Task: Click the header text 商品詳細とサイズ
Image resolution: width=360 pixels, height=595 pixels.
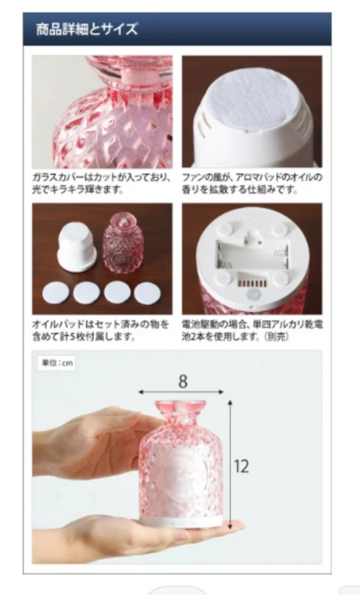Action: pos(87,29)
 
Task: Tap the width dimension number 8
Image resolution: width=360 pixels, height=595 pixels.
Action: pos(183,382)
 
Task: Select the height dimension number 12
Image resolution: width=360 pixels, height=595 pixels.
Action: pos(241,466)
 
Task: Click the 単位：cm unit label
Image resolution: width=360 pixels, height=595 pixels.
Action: pos(57,363)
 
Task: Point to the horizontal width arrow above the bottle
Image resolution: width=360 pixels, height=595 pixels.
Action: pos(181,392)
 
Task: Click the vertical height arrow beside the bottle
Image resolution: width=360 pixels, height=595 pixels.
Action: pos(230,464)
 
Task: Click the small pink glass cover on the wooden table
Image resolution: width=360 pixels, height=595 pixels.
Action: pos(123,243)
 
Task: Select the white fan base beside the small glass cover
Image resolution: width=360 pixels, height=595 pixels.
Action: pos(77,247)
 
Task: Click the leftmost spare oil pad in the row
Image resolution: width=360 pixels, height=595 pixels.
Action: pos(56,293)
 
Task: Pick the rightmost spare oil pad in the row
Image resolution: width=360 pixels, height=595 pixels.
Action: pos(147,293)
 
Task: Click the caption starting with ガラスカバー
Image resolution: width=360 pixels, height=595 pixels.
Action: pos(101,183)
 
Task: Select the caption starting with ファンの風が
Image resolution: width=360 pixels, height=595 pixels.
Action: pos(252,183)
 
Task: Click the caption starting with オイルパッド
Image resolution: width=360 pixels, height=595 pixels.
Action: pos(101,330)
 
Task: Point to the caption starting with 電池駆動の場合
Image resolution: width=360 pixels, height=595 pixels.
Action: pos(253,330)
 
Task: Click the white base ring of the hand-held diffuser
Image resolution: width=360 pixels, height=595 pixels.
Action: pos(181,523)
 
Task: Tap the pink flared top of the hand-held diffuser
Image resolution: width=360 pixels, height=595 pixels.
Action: pos(181,409)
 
